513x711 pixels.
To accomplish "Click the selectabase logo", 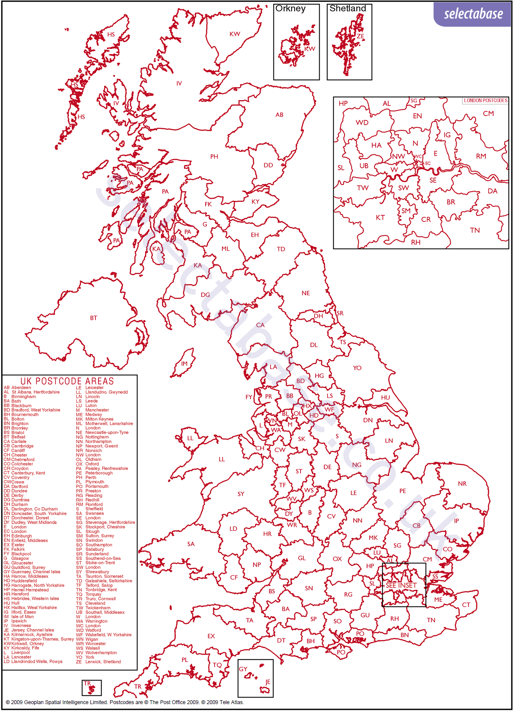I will point(473,14).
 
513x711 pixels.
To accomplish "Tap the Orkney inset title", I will point(290,9).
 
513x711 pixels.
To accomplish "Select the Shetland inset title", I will point(348,9).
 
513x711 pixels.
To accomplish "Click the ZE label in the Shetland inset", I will point(360,37).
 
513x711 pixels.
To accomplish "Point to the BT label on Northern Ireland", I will point(94,318).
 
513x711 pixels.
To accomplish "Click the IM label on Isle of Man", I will point(184,364).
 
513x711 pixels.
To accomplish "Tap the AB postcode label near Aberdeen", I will point(279,115).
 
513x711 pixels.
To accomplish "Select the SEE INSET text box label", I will point(401,585).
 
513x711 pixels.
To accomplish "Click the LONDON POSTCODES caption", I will point(485,101).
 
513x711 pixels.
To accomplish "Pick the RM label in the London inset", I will point(481,156).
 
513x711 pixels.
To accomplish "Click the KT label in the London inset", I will point(380,217).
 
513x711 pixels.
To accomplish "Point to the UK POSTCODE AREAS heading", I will point(67,381).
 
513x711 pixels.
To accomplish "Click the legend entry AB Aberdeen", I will point(17,387).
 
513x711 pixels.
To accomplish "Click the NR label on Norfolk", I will point(462,484).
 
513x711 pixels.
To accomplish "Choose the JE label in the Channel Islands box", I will point(268,682).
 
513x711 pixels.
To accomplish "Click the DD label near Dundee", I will point(268,165).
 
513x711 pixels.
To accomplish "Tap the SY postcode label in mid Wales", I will point(241,494).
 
